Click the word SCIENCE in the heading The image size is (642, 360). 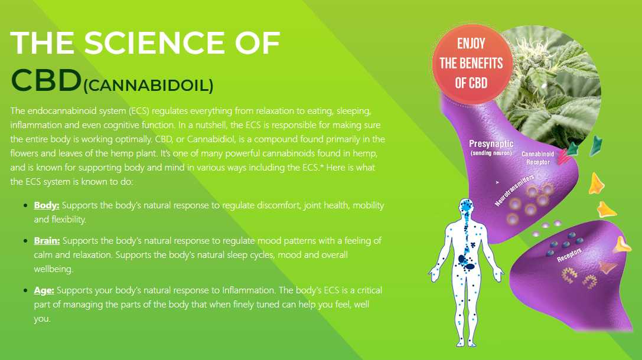154,42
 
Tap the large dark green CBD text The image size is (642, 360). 46,80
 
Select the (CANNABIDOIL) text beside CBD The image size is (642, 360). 148,86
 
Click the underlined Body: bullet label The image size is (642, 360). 47,205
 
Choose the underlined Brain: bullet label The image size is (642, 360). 47,241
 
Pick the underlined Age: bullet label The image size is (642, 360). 44,290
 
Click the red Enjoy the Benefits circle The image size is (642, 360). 472,64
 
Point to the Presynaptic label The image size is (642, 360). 491,143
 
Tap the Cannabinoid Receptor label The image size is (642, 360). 537,158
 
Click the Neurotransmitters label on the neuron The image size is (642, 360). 514,190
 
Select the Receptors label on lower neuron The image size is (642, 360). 569,255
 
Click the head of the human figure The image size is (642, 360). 466,207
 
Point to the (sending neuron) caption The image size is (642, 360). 491,153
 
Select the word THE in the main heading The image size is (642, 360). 42,42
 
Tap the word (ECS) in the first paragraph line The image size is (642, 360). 139,111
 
